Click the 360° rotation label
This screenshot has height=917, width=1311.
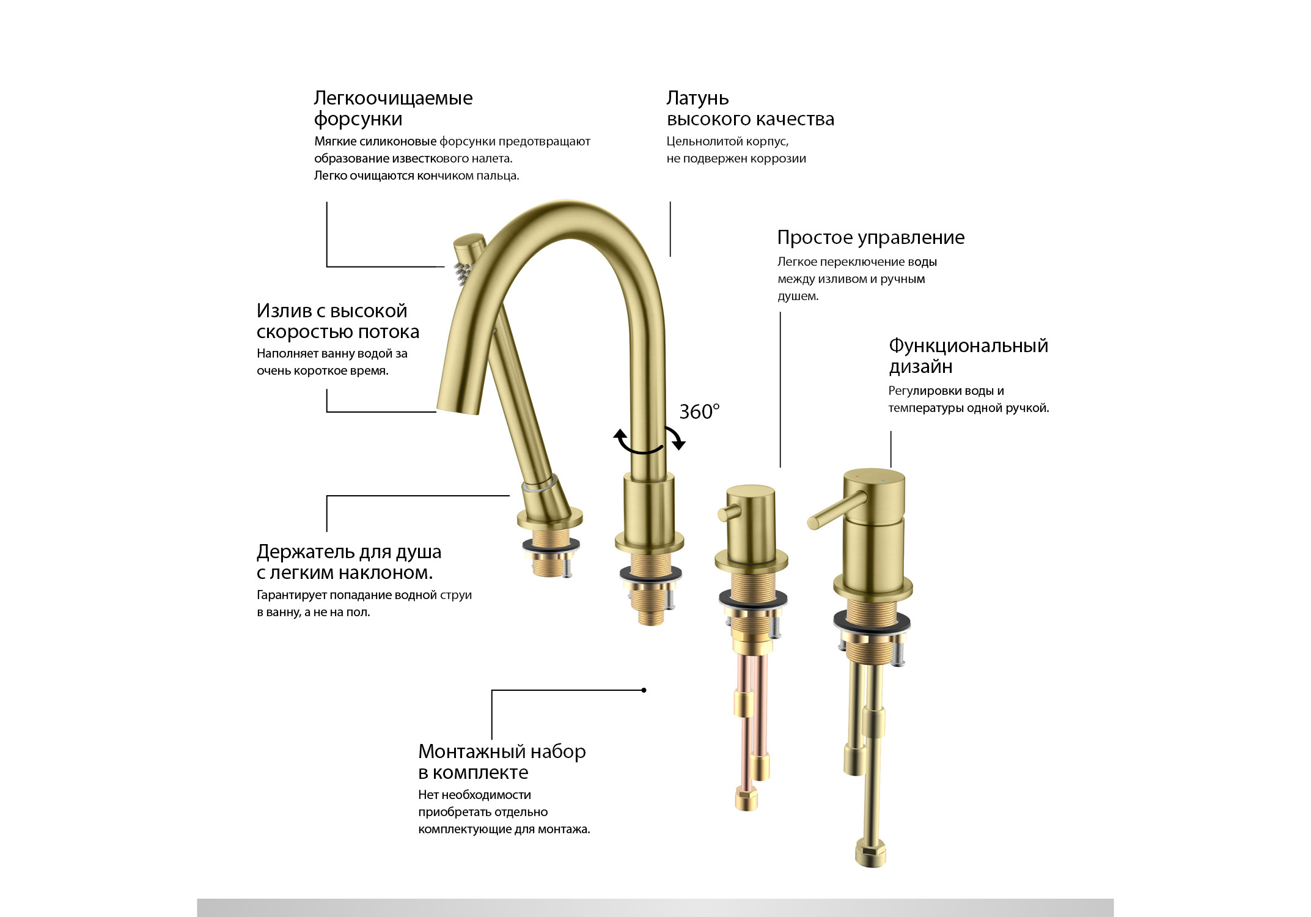pos(699,411)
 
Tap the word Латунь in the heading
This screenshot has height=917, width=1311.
pos(697,98)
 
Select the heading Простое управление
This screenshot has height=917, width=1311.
pos(871,238)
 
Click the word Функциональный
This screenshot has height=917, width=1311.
pos(968,346)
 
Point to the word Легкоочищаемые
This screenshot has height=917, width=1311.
pos(393,98)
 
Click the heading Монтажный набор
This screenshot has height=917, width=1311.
pos(502,751)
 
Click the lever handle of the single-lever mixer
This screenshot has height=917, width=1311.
pos(836,510)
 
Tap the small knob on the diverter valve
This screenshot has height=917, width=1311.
pos(729,513)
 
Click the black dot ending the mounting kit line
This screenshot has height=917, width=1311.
pos(644,690)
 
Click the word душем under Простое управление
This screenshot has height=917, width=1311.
pos(798,296)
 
